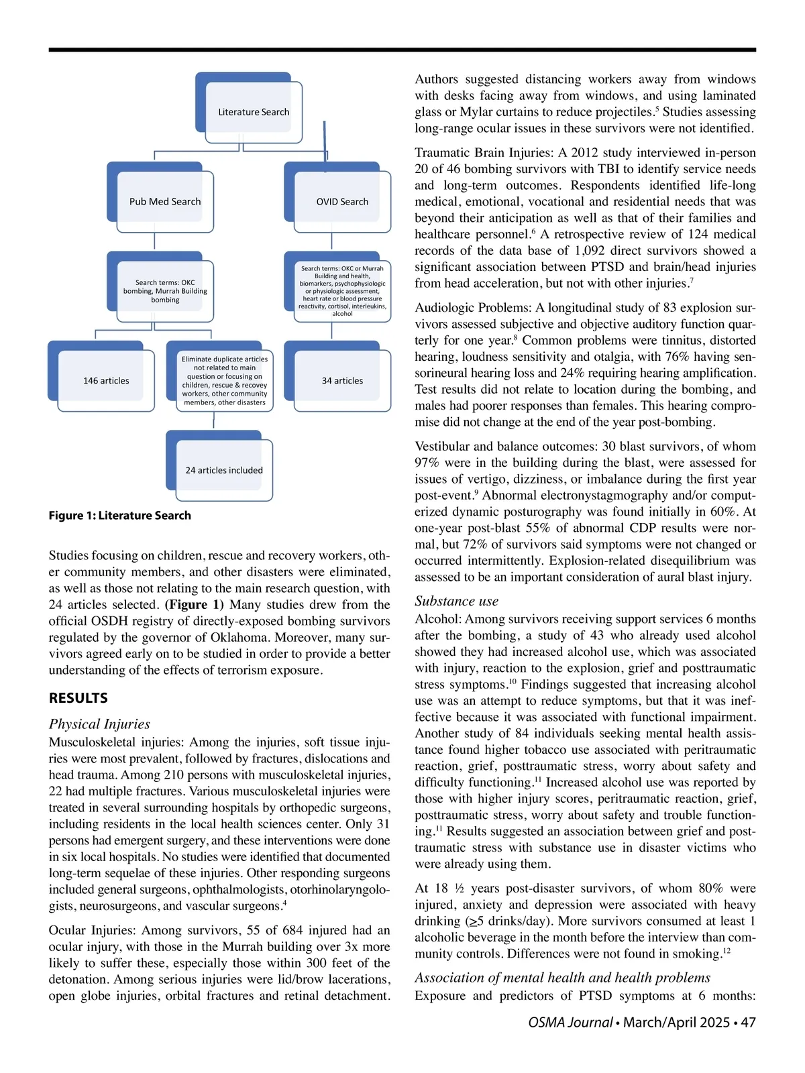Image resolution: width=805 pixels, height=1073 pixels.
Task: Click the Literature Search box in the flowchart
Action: point(253,112)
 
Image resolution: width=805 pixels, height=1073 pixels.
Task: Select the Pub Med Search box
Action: point(165,201)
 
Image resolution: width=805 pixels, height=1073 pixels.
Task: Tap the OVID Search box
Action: point(342,201)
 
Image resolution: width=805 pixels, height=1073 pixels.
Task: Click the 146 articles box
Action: point(106,380)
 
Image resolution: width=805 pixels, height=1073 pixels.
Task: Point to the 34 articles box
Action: point(342,380)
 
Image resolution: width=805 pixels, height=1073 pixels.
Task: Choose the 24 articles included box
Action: point(224,470)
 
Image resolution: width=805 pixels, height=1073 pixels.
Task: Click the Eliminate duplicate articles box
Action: point(224,380)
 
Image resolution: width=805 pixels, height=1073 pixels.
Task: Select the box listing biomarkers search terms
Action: point(342,290)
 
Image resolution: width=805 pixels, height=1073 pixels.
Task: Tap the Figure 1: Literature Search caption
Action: point(119,515)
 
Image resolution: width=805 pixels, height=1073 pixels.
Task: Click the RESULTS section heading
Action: point(78,698)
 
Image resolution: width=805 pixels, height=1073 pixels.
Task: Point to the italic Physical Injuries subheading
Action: point(99,724)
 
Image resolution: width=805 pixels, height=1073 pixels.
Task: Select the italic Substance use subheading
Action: point(456,601)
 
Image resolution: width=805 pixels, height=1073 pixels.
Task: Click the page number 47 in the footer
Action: point(748,1022)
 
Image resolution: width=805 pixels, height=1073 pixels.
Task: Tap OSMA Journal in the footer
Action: point(570,1022)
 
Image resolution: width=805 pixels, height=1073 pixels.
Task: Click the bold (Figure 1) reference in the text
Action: point(194,605)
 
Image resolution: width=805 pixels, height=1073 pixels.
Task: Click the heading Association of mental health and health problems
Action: point(562,978)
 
